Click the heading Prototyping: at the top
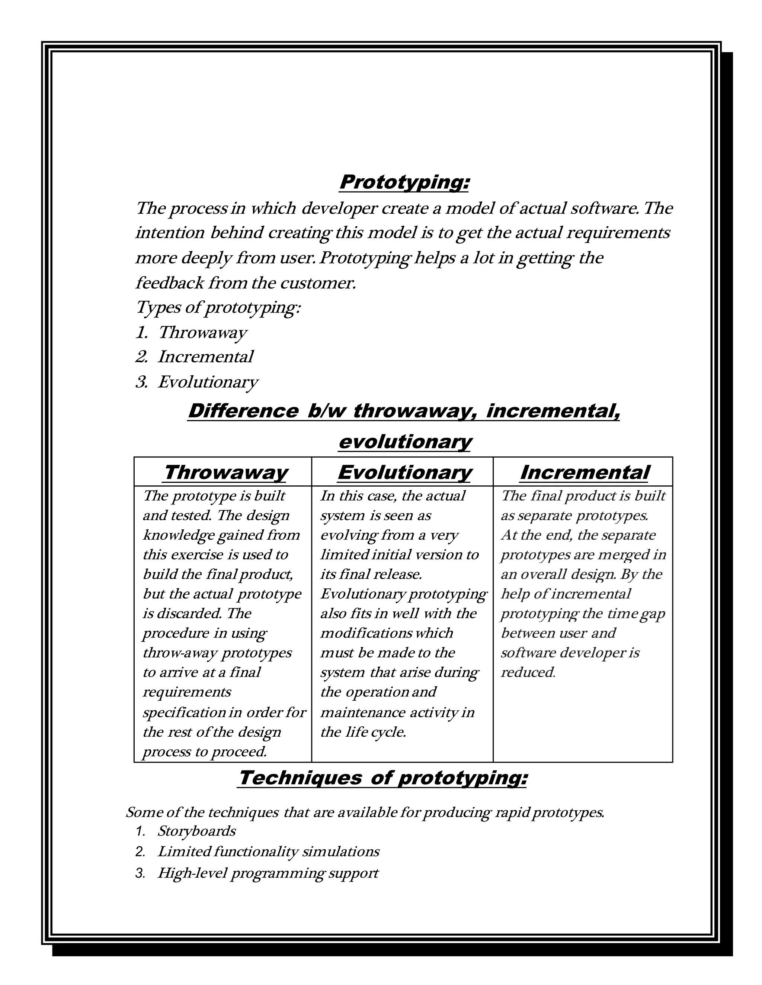coord(404,183)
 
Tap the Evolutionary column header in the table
coord(404,473)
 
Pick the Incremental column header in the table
coord(584,473)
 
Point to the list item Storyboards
coord(196,831)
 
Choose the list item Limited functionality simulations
coord(268,852)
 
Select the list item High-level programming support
coord(268,873)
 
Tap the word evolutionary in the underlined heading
coord(404,442)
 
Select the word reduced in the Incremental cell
coord(527,672)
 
